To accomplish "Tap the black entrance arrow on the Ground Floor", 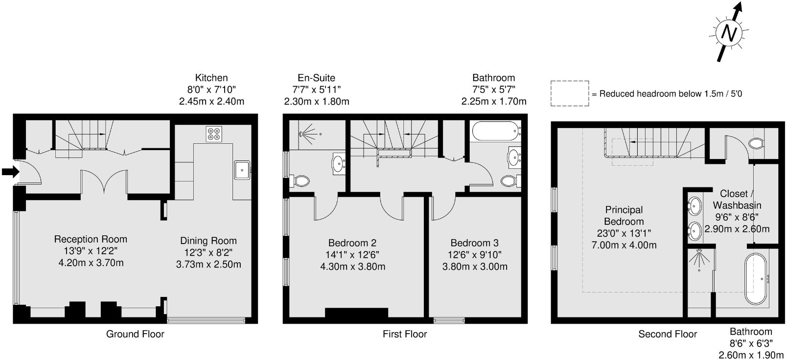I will [x=10, y=171].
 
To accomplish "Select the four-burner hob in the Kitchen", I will [x=214, y=134].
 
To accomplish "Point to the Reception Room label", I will [x=91, y=239].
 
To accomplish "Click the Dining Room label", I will [x=208, y=241].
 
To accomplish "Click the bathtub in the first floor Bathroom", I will [x=495, y=131].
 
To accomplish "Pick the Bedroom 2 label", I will [x=352, y=243].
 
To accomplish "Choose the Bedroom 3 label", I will [x=475, y=243].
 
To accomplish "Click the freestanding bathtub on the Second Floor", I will [x=757, y=278].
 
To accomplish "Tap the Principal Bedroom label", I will [x=624, y=215].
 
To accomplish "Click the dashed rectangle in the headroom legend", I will [x=570, y=93].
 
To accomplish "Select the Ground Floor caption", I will [x=135, y=334].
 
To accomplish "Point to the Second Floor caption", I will [x=668, y=334].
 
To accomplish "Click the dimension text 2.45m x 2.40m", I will [x=211, y=102].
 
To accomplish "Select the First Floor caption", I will [x=405, y=334].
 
